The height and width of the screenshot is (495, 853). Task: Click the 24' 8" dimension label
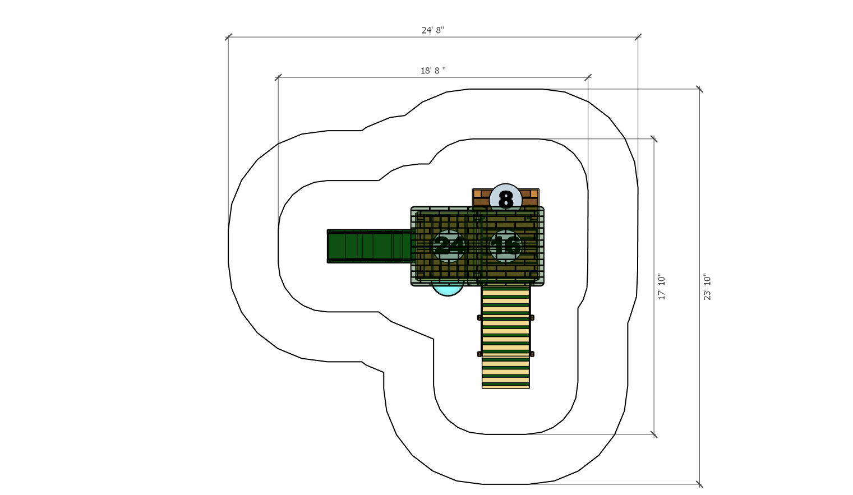tap(433, 30)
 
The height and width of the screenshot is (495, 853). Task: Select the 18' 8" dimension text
tap(433, 71)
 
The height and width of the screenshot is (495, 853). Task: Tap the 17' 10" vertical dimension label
tap(661, 286)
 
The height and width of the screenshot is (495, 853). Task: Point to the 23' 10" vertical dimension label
tap(707, 286)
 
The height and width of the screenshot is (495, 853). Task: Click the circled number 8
tap(506, 199)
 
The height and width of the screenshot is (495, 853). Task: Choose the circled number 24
tap(449, 246)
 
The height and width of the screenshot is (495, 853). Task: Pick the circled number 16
tap(506, 246)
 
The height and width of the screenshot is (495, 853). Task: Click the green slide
tap(371, 246)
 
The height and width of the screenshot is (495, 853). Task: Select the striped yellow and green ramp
tap(506, 337)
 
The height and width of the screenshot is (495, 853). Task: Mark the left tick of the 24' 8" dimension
tap(228, 37)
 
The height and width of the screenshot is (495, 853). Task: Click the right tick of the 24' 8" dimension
tap(638, 37)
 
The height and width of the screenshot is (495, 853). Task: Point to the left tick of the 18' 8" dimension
tap(278, 78)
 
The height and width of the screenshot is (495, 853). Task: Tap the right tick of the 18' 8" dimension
tap(588, 78)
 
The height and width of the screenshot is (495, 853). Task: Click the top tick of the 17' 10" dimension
tap(654, 138)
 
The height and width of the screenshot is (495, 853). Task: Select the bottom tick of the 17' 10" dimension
tap(654, 434)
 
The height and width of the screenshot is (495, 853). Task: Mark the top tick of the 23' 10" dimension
tap(699, 89)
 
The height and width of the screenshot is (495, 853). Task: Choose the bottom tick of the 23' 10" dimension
tap(699, 484)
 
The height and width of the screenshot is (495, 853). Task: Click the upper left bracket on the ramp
tap(479, 317)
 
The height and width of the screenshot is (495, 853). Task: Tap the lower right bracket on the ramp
tap(532, 354)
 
